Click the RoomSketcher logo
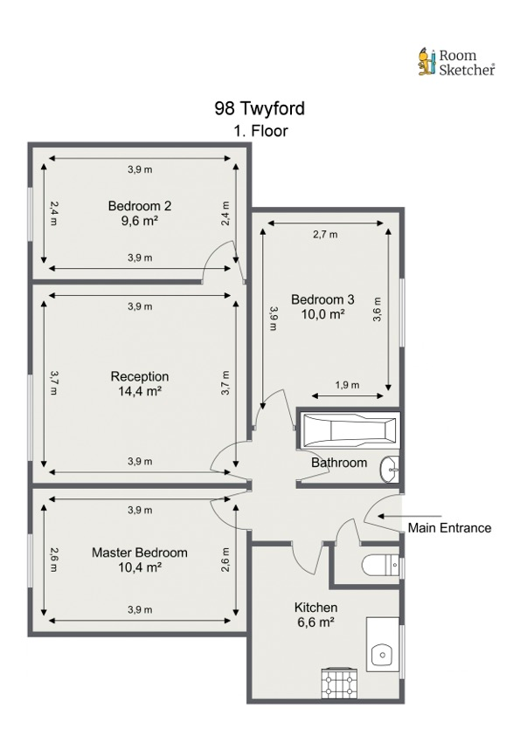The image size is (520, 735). (x=455, y=62)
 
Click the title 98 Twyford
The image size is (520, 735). (x=260, y=109)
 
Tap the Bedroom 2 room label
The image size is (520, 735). (x=140, y=206)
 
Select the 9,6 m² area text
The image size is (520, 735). (x=140, y=221)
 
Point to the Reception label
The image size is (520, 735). (x=140, y=376)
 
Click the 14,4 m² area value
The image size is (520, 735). (x=140, y=391)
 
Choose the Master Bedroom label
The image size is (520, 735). (x=140, y=553)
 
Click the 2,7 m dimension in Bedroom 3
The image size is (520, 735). (x=325, y=234)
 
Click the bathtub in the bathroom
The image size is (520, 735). (x=350, y=429)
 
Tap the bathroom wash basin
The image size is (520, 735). (x=389, y=471)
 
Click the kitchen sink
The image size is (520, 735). (x=380, y=653)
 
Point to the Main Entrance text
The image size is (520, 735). (x=449, y=528)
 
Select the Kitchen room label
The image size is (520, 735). (x=315, y=608)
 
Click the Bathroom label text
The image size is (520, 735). (x=339, y=463)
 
